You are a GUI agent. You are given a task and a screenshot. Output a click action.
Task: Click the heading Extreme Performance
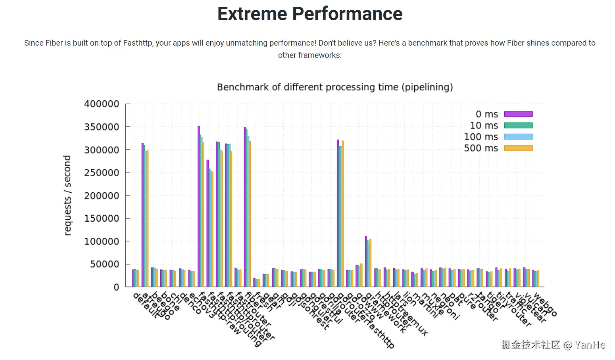[x=310, y=14]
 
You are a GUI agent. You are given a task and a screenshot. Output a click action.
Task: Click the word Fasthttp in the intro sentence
[x=138, y=43]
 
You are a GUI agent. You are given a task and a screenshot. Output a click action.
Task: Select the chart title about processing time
[x=334, y=87]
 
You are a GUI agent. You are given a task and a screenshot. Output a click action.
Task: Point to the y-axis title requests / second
[x=67, y=195]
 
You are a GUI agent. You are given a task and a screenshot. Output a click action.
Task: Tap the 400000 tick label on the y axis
[x=102, y=104]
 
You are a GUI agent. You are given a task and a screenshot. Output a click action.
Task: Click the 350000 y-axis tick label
[x=102, y=127]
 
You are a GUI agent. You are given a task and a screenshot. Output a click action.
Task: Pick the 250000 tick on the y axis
[x=102, y=173]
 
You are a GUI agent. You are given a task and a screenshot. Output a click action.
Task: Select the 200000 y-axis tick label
[x=102, y=196]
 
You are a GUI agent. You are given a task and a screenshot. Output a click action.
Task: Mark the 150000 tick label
[x=102, y=218]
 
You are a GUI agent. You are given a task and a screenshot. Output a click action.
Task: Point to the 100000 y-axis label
[x=102, y=241]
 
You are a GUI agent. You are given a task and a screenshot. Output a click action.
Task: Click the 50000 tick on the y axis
[x=104, y=264]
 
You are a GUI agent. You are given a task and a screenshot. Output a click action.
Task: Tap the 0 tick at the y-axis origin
[x=116, y=287]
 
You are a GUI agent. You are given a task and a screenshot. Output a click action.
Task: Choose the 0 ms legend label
[x=487, y=114]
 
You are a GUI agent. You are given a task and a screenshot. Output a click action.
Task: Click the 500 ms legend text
[x=481, y=148]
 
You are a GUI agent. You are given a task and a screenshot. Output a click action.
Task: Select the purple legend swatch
[x=518, y=114]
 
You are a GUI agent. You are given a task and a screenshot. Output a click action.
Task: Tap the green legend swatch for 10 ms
[x=518, y=125]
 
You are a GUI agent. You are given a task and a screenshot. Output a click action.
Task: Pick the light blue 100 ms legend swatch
[x=518, y=137]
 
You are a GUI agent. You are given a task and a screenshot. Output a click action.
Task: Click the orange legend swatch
[x=518, y=148]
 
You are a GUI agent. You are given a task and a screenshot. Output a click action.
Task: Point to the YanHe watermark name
[x=590, y=345]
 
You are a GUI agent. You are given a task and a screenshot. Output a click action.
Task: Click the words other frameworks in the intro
[x=309, y=56]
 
